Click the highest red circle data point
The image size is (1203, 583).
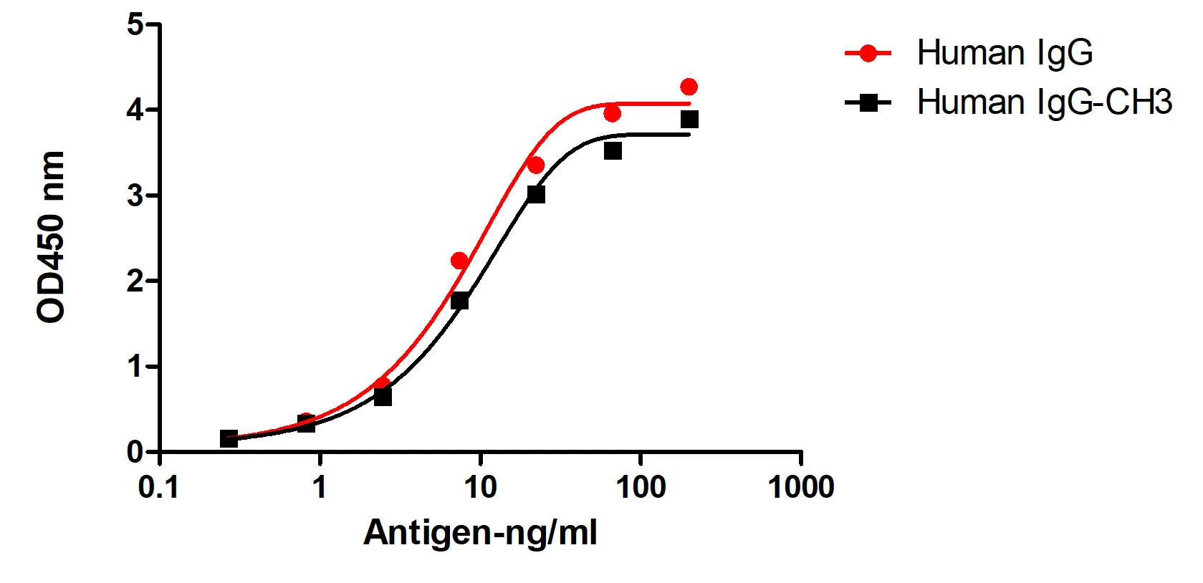point(689,87)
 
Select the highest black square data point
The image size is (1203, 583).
point(689,120)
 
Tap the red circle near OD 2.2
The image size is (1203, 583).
point(459,261)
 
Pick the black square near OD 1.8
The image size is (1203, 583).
point(459,301)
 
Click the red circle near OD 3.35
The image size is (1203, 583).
point(536,165)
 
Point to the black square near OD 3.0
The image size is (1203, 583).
point(536,194)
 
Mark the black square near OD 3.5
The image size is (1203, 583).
point(613,151)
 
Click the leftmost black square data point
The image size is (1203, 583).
point(229,438)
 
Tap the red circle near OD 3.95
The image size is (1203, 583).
point(612,113)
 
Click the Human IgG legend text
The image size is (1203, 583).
point(1005,53)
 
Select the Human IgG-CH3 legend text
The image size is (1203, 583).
point(1044,102)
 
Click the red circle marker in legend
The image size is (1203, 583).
point(868,53)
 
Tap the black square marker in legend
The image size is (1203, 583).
point(868,102)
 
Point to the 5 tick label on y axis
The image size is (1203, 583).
point(135,25)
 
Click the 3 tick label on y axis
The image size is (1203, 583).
point(135,196)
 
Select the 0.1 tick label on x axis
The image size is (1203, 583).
point(158,488)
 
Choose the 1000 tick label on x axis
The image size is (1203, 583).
point(800,488)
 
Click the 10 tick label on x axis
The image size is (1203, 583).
point(479,488)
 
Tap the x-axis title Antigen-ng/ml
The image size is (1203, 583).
point(479,533)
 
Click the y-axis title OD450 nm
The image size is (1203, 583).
point(52,237)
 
